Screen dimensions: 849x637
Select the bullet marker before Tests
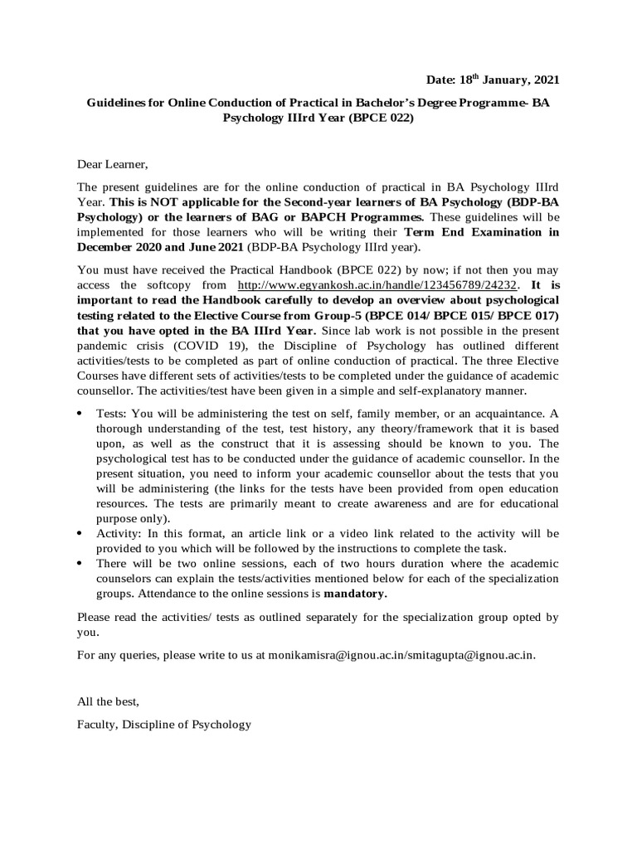80,414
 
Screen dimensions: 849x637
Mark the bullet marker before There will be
80,563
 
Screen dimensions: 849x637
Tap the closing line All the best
108,701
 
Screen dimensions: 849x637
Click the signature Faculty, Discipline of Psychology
163,724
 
